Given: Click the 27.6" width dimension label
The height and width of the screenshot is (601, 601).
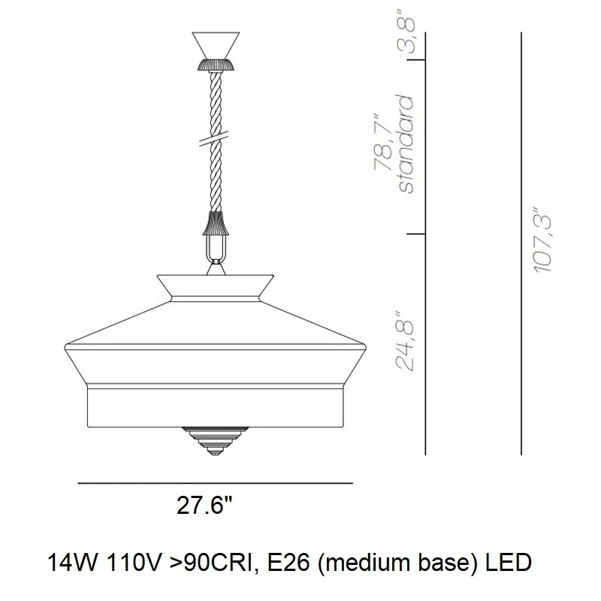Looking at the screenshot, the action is pos(204,505).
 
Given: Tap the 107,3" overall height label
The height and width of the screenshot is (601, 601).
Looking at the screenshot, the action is pos(542,240).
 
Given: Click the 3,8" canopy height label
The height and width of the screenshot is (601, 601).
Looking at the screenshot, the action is pos(406,31).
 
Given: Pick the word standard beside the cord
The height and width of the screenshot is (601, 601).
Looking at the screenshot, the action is pos(406,143).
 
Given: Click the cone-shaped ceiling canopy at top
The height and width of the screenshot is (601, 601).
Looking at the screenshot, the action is pos(216,45).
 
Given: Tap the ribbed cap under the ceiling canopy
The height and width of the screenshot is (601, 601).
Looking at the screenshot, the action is pos(216,65).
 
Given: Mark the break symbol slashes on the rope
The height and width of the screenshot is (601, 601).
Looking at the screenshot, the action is pos(214,138).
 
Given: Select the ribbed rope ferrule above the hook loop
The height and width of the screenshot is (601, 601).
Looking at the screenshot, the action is pos(216,223).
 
